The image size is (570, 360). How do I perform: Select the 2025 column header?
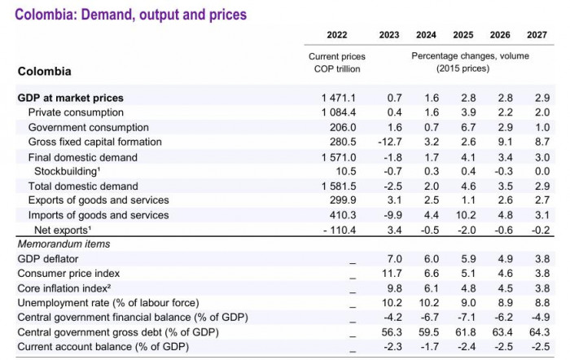pyautogui.click(x=463, y=35)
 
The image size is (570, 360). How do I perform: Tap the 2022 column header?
pyautogui.click(x=336, y=35)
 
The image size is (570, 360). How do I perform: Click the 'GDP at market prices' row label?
pyautogui.click(x=70, y=98)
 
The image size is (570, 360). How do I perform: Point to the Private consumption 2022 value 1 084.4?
pyautogui.click(x=339, y=112)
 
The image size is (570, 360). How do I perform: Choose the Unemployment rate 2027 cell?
pyautogui.click(x=541, y=302)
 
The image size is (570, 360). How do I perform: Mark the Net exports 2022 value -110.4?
pyautogui.click(x=339, y=230)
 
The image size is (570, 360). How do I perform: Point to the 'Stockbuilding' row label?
pyautogui.click(x=68, y=171)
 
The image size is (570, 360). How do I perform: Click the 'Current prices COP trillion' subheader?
pyautogui.click(x=336, y=63)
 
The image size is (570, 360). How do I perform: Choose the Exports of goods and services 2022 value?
pyautogui.click(x=343, y=200)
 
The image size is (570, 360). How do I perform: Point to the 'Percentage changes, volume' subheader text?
pyautogui.click(x=470, y=56)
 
